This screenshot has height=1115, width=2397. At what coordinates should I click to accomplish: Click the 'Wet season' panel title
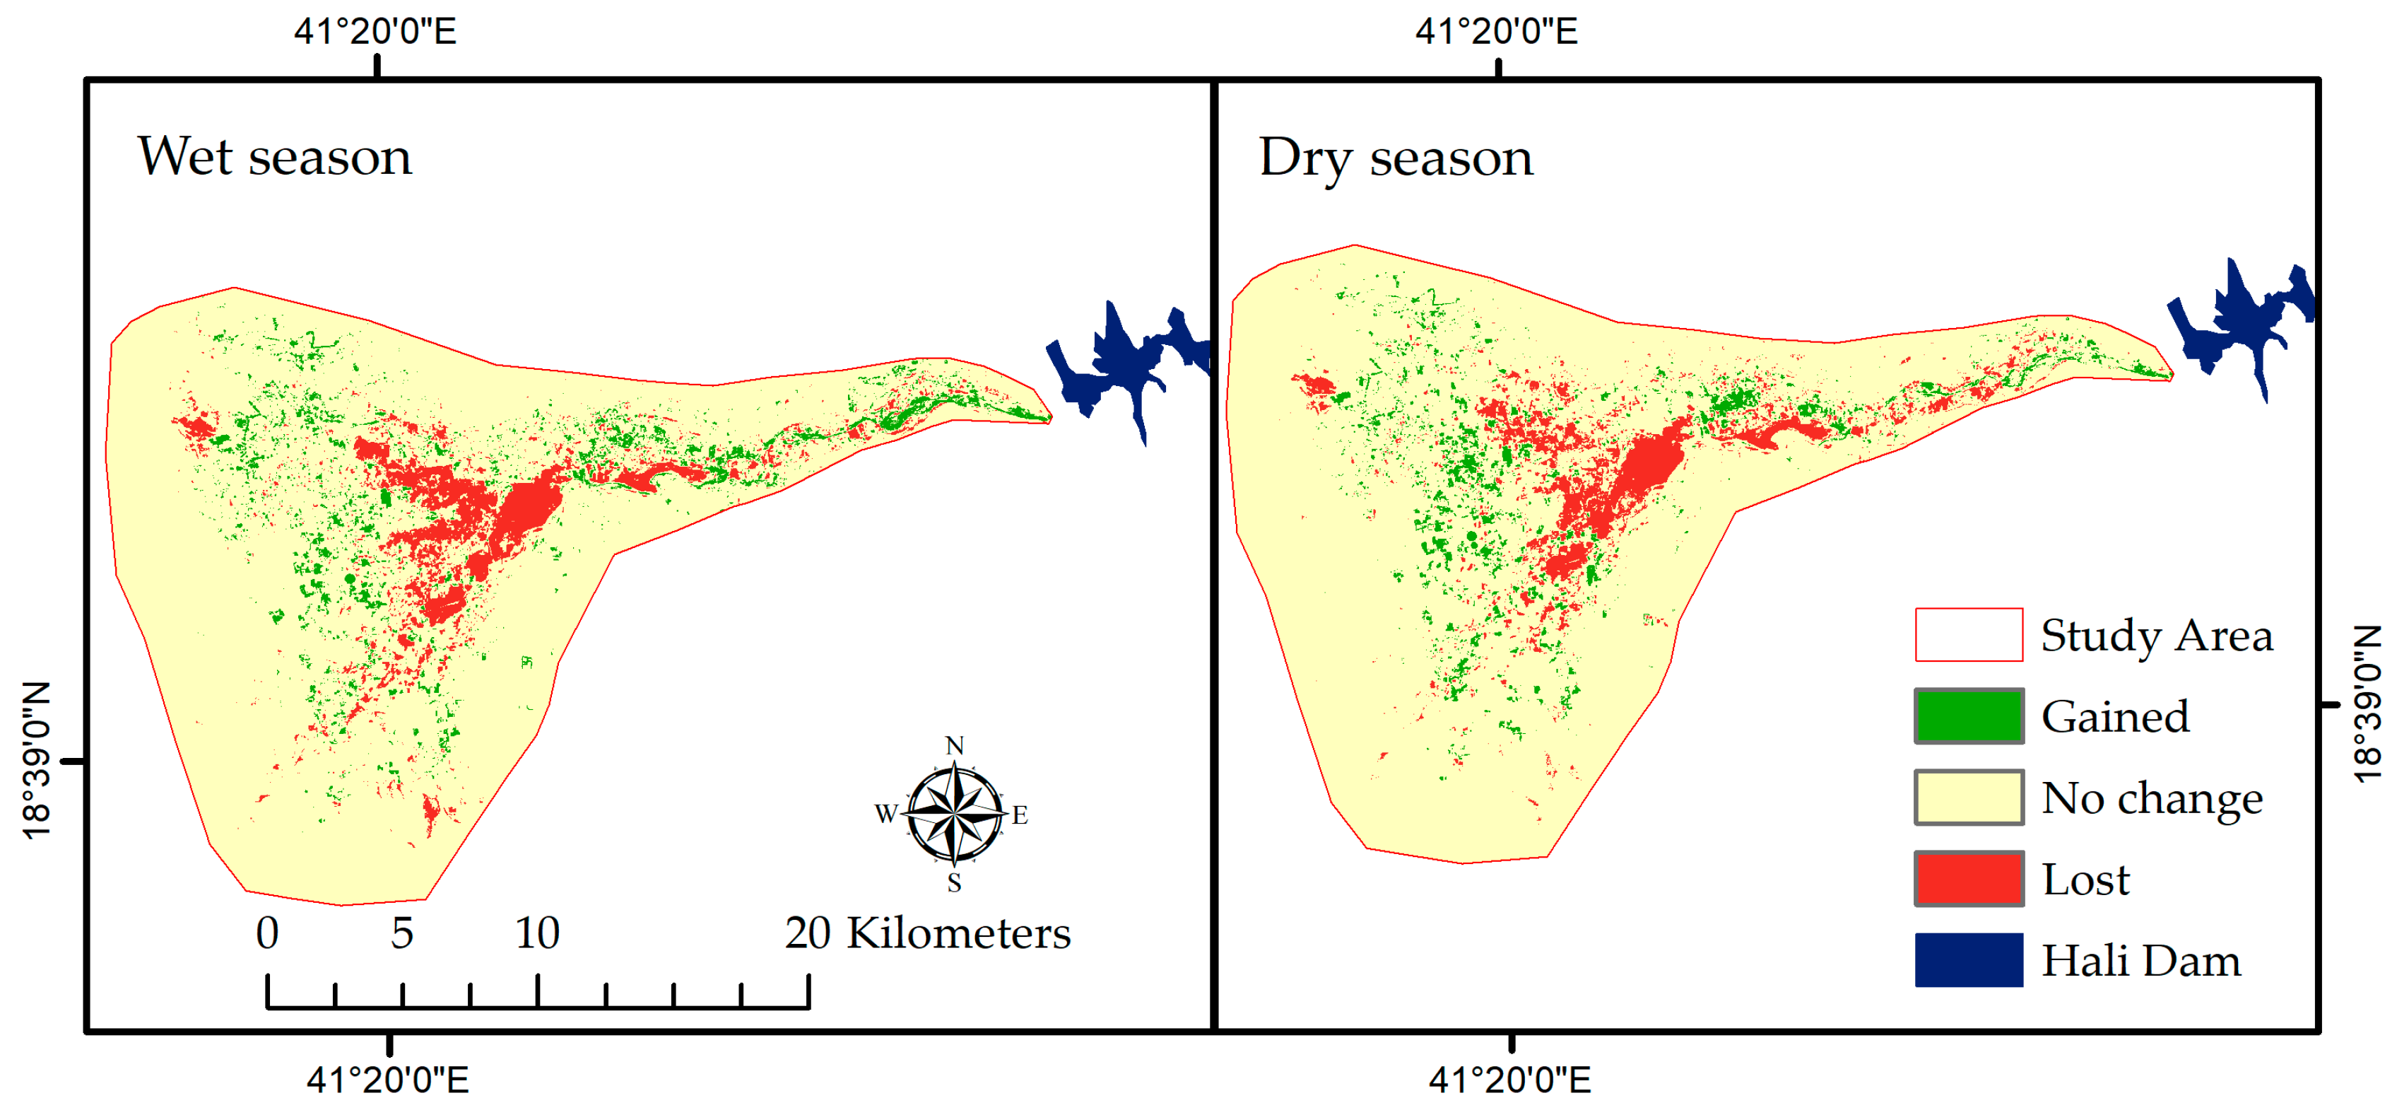[274, 156]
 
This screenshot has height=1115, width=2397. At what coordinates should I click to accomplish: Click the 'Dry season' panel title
[1395, 157]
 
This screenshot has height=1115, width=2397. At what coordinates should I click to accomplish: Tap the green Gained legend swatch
[1968, 716]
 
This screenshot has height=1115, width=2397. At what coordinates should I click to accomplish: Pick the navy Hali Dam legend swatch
[1968, 959]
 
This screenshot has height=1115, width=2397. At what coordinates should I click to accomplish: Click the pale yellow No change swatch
[1968, 797]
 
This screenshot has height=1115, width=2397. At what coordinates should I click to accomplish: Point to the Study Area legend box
[1968, 635]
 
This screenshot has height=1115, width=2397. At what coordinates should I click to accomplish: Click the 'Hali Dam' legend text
[2140, 959]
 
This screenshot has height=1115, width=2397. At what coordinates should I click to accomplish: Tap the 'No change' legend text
[2151, 798]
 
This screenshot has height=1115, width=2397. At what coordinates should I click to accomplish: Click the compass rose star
[955, 812]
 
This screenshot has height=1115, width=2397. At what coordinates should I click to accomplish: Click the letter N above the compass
[955, 745]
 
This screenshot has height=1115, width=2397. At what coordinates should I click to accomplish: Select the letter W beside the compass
[885, 813]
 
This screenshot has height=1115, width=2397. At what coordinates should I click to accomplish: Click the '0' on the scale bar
[267, 933]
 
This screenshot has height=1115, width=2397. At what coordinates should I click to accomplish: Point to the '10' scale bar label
[537, 933]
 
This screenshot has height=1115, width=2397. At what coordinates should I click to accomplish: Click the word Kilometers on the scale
[958, 933]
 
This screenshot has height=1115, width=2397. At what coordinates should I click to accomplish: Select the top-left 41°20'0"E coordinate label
[375, 32]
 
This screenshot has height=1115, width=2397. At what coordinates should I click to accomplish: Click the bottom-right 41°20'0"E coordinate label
[1509, 1080]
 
